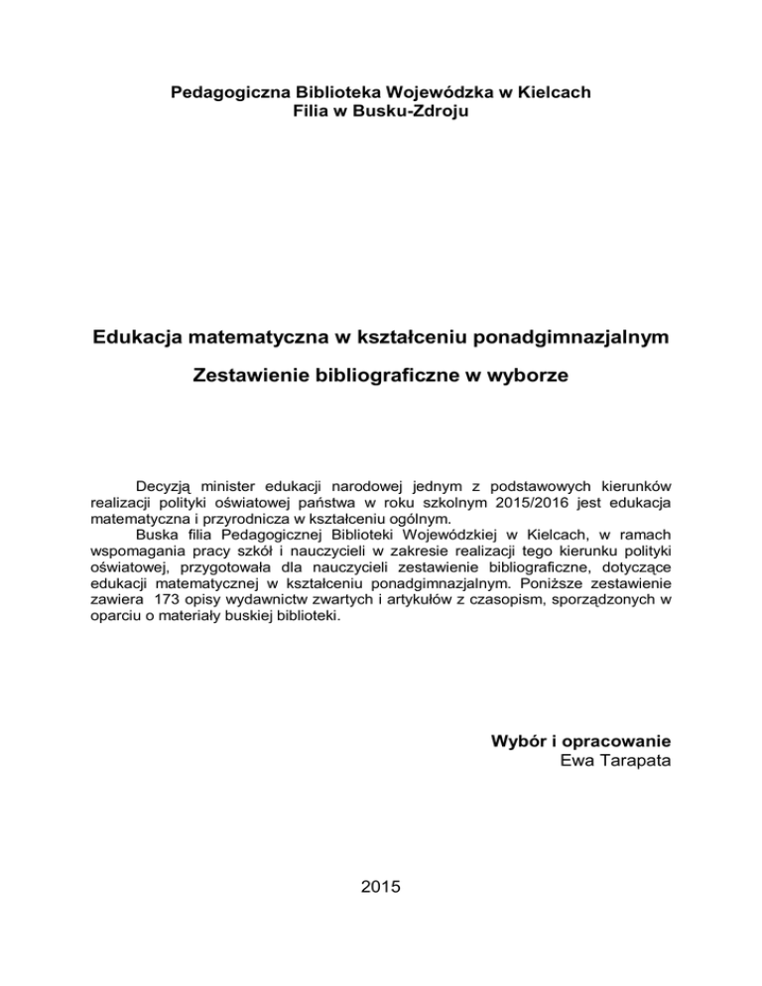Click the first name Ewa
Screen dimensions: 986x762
tap(579, 760)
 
